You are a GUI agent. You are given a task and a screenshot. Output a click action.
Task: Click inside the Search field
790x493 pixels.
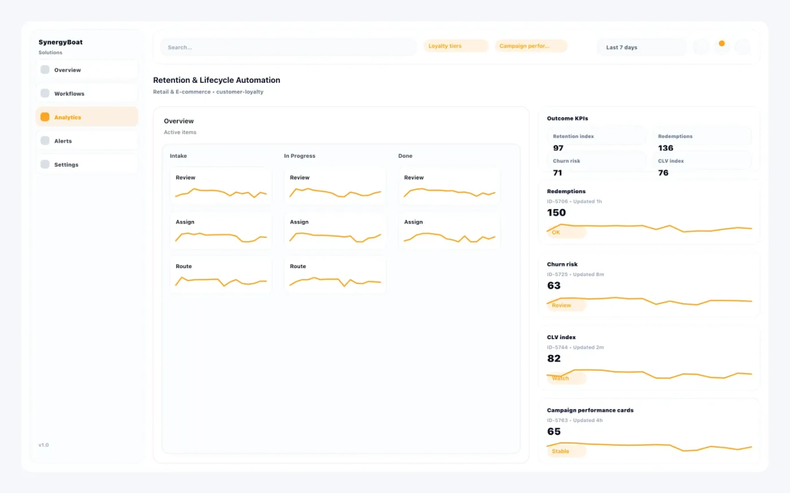(287, 47)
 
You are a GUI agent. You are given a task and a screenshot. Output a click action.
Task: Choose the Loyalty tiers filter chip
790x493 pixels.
(455, 46)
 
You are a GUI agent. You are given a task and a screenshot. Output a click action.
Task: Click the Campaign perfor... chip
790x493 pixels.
(531, 46)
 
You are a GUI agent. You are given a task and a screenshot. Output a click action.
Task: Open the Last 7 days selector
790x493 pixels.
(641, 47)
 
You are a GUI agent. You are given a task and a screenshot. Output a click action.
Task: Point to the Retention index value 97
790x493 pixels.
(558, 148)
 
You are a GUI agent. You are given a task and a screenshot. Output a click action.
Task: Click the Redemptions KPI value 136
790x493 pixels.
(665, 148)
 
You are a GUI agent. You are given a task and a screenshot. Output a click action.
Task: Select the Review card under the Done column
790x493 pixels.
(449, 186)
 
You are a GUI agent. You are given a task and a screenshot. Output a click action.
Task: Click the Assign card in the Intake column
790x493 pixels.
(221, 230)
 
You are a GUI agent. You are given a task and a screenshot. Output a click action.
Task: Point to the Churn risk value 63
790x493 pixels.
(554, 286)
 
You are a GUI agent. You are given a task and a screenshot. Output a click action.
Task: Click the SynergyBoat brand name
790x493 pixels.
(60, 42)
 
